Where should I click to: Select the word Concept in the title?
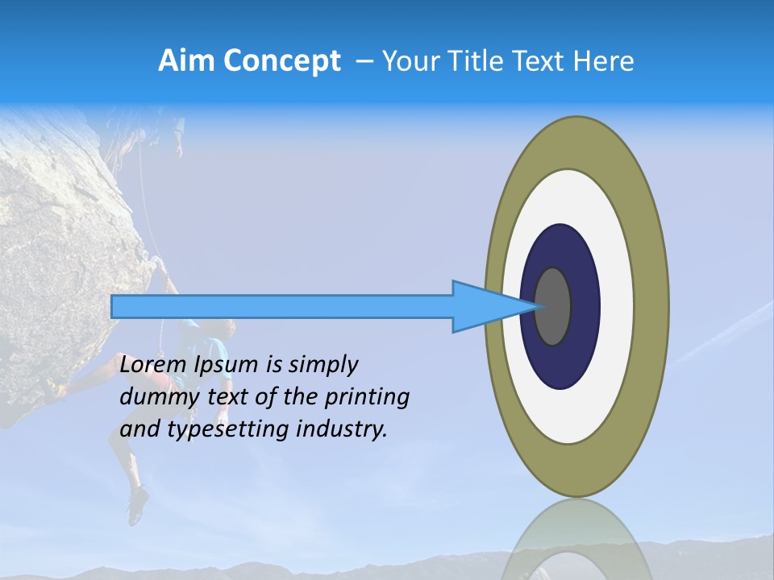(282, 61)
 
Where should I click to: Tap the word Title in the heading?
(481, 61)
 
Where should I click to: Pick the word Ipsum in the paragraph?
(227, 365)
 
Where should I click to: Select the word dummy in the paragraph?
(153, 397)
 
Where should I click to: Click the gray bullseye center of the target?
(553, 306)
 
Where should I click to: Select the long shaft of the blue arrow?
(282, 306)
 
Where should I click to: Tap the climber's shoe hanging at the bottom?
(138, 506)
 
